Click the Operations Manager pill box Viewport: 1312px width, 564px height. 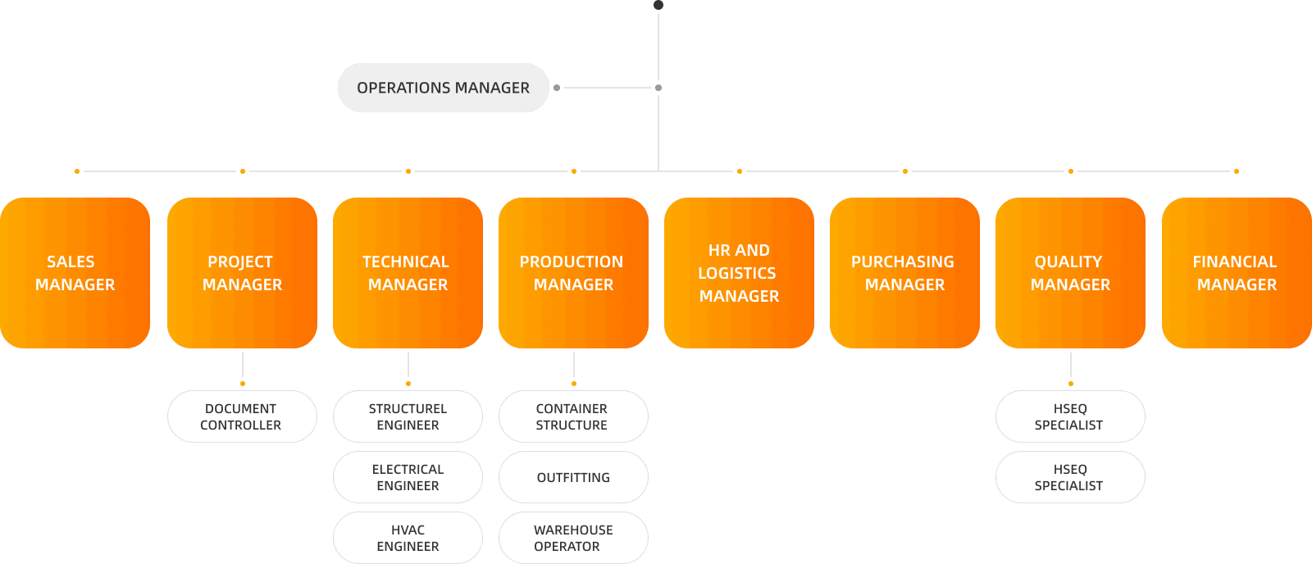click(443, 88)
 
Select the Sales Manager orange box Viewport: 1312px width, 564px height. click(75, 273)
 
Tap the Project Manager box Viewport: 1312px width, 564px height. click(242, 273)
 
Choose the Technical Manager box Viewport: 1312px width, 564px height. click(408, 273)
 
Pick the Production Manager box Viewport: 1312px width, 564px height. click(573, 273)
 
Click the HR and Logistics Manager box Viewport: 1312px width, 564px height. click(739, 273)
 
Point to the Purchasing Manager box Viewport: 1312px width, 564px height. click(904, 273)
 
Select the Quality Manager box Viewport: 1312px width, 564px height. click(1070, 273)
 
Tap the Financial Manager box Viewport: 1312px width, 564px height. click(1237, 273)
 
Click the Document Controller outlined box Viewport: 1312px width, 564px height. click(242, 416)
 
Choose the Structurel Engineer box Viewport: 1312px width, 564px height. click(408, 416)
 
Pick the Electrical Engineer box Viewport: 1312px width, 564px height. click(408, 477)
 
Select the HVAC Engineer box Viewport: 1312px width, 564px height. click(408, 538)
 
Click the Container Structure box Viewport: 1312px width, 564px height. click(573, 416)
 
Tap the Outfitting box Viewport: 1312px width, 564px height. click(573, 477)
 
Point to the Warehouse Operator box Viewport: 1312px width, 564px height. click(573, 538)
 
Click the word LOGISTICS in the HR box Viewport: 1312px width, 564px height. click(736, 273)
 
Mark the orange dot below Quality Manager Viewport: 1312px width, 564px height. click(1070, 384)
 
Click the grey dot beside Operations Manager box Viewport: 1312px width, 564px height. click(557, 88)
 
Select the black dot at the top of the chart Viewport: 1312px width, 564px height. click(658, 5)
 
